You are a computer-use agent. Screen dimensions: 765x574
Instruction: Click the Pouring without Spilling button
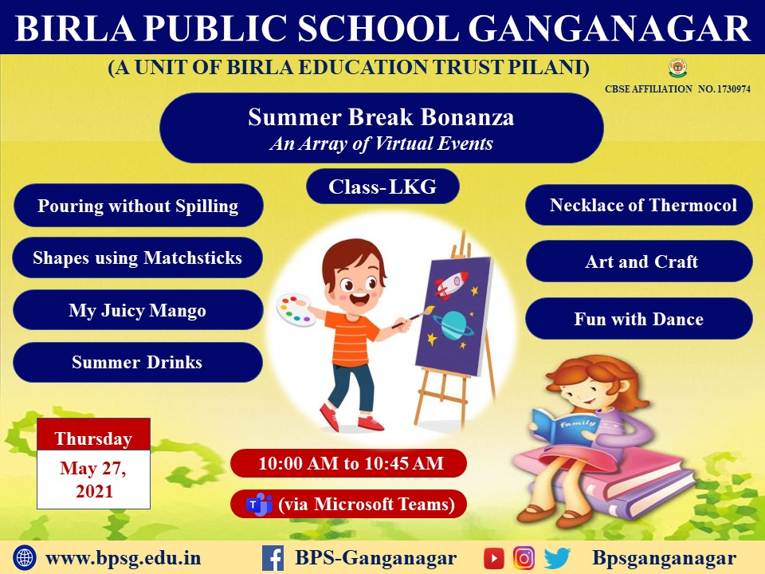139,206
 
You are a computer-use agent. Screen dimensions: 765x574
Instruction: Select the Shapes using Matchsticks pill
138,258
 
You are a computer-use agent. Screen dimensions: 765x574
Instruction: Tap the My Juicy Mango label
138,310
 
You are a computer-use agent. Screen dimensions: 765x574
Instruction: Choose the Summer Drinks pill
138,362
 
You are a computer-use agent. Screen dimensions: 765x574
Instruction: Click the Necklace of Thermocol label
639,205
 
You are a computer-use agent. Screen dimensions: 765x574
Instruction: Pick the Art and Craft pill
639,261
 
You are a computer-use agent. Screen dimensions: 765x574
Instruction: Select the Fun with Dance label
639,319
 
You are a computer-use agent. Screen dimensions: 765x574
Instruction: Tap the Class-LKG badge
383,187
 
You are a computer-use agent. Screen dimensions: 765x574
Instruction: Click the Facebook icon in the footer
273,558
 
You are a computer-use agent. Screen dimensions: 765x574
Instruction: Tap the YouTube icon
494,558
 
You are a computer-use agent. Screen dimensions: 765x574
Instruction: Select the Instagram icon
524,558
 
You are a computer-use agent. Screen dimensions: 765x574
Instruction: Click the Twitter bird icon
557,558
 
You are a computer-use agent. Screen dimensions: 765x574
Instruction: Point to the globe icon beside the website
25,558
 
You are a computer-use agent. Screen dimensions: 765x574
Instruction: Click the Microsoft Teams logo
259,504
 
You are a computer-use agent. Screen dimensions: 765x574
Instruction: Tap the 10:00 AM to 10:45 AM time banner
349,463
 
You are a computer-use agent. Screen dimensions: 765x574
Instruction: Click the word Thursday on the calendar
94,438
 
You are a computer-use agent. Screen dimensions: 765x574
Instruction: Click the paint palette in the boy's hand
296,309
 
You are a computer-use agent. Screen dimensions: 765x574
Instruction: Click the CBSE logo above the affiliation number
677,69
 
